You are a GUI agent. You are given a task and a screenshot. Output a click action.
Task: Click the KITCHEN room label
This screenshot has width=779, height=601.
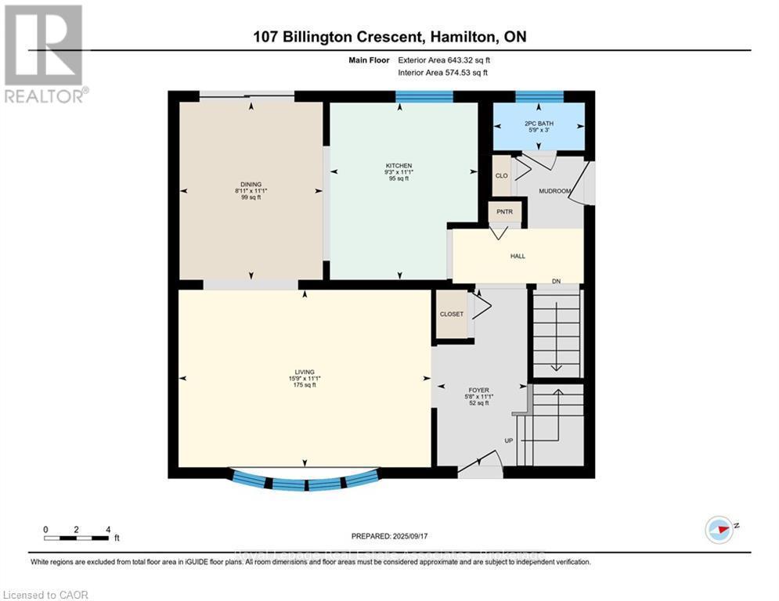click(x=399, y=165)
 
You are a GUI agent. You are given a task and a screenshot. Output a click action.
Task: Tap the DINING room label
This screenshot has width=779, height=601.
click(x=251, y=184)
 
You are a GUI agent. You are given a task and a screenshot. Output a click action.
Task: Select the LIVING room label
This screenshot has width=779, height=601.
click(x=305, y=372)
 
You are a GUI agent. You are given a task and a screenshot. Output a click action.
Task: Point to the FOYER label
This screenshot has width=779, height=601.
click(x=478, y=390)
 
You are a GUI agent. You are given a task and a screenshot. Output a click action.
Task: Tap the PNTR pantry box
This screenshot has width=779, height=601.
click(x=499, y=212)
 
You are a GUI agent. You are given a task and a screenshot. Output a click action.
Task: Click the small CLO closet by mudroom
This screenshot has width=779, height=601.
click(x=501, y=175)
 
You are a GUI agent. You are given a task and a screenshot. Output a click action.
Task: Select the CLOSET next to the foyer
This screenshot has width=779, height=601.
click(x=451, y=314)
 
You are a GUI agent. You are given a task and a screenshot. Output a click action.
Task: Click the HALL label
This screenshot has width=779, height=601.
click(x=518, y=256)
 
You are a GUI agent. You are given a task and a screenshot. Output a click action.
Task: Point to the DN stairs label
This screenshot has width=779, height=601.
click(x=556, y=281)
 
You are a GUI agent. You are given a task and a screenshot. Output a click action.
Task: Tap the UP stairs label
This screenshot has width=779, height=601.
click(x=508, y=441)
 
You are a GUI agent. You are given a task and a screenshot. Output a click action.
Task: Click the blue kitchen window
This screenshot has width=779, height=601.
click(x=424, y=97)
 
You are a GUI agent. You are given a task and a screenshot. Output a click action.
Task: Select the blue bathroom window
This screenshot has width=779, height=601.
click(x=539, y=97)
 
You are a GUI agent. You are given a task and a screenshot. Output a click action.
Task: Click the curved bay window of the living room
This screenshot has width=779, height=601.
click(x=305, y=481)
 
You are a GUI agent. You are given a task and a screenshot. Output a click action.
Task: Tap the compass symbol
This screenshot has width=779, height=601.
click(x=719, y=529)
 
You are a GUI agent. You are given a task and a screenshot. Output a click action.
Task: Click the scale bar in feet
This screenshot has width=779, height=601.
click(x=77, y=537)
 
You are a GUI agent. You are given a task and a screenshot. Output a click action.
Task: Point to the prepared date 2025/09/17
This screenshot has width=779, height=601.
click(x=390, y=536)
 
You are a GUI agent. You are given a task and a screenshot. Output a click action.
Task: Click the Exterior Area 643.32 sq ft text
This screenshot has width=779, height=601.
click(x=444, y=59)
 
